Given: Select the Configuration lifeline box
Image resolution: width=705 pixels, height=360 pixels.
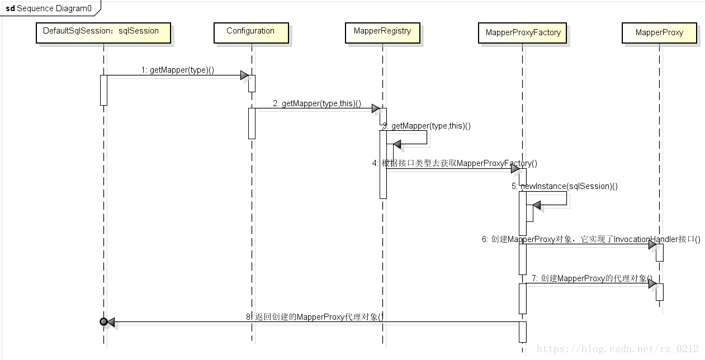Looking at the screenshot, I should click(x=251, y=31).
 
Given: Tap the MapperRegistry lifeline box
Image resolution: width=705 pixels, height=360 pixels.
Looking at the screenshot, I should click(x=382, y=31).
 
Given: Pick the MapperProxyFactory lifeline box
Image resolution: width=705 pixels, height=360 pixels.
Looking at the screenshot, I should click(x=523, y=32).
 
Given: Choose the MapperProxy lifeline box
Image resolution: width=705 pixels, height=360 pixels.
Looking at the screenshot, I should click(x=659, y=32).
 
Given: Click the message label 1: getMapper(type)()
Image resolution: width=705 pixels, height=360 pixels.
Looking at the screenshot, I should click(x=178, y=70).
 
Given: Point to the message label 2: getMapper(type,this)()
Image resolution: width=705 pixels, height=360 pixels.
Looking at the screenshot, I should click(x=317, y=103).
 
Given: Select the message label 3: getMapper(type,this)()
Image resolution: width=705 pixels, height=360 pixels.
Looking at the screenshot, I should click(x=427, y=126).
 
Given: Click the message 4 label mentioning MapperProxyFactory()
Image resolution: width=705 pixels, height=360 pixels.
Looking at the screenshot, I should click(x=455, y=163).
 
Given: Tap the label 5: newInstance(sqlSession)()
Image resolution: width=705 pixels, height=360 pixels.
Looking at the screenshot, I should click(x=565, y=186).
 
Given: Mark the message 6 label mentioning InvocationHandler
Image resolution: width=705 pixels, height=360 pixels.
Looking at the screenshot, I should click(x=591, y=239).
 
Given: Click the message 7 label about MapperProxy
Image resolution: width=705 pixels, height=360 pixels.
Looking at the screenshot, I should click(x=592, y=278).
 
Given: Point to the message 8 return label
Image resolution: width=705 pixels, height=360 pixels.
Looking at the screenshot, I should click(x=315, y=316).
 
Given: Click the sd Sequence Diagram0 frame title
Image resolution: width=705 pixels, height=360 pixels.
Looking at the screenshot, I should click(x=49, y=8).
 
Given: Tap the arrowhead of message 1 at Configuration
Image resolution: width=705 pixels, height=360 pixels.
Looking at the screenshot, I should click(x=244, y=75).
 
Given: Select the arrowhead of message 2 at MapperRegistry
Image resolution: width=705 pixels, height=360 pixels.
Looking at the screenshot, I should click(x=376, y=108).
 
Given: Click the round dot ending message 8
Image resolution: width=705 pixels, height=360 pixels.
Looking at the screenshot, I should click(x=103, y=321).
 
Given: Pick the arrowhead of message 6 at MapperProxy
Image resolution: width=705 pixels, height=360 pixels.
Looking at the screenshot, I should click(x=652, y=245).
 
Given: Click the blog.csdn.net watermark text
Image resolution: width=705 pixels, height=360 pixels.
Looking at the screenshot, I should click(x=618, y=349).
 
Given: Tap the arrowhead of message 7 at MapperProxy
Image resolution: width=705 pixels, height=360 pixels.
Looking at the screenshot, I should click(x=652, y=284).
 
